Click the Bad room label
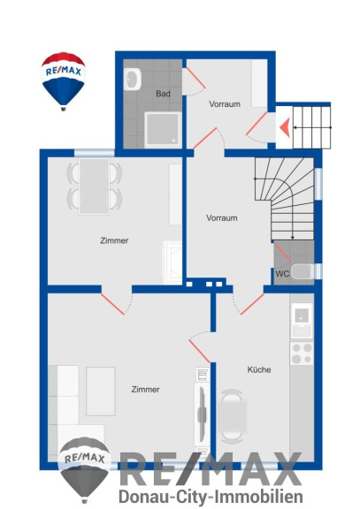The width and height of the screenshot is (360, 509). point(163,94)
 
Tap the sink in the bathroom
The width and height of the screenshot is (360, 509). point(133,80)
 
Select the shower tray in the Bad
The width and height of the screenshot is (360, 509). point(163,129)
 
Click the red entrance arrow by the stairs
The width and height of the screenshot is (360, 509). point(284,127)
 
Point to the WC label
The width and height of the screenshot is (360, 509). point(282,274)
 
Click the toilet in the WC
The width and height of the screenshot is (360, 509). point(303,271)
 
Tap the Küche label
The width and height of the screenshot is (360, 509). point(259,369)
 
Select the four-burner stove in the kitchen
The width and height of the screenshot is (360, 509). point(302,353)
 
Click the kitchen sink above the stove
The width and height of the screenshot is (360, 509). point(302,321)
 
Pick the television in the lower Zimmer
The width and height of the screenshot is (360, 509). point(202,414)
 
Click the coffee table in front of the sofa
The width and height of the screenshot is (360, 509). point(101,391)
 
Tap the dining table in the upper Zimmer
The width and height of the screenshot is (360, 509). point(95,186)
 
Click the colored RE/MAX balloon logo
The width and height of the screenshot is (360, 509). point(64,81)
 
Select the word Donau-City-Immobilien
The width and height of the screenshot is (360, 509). point(211,497)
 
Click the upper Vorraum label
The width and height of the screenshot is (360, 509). point(225,104)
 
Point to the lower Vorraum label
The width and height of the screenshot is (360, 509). point(222,217)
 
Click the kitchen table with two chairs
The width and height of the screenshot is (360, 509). point(232,416)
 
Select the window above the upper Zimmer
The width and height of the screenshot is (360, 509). point(95,153)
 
